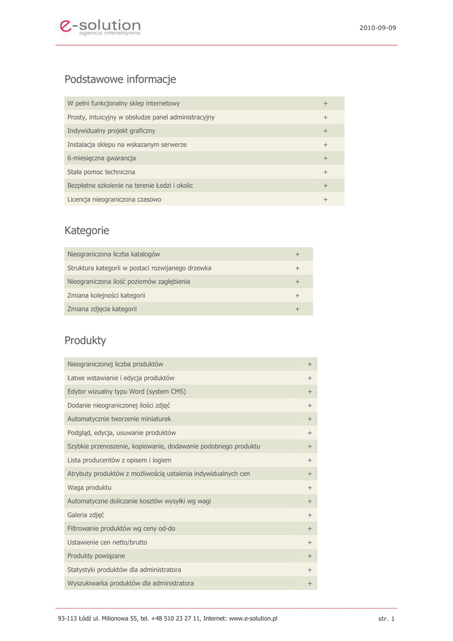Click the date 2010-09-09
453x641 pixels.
[x=377, y=28]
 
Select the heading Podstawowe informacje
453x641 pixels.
[x=120, y=79]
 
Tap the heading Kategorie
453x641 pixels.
[x=86, y=230]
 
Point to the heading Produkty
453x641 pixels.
[x=85, y=341]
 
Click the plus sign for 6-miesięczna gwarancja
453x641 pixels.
[x=325, y=158]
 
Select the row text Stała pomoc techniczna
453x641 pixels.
[x=101, y=172]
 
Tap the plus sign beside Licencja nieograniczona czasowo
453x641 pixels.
[x=325, y=200]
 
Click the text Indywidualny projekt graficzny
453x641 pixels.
[x=111, y=131]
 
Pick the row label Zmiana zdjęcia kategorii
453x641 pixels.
[x=102, y=309]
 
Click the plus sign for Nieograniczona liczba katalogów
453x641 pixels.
[x=297, y=254]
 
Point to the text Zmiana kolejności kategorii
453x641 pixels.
[x=106, y=295]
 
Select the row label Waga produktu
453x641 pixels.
[x=89, y=488]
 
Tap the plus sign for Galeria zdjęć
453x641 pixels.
[x=309, y=515]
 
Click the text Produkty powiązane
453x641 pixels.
[x=96, y=556]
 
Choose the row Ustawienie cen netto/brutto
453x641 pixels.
[x=107, y=542]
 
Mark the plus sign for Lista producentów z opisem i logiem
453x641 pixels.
[x=309, y=460]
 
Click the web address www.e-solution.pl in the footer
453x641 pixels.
[x=253, y=618]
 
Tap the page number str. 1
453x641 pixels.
[x=387, y=619]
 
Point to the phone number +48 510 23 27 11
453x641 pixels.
[x=176, y=618]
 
